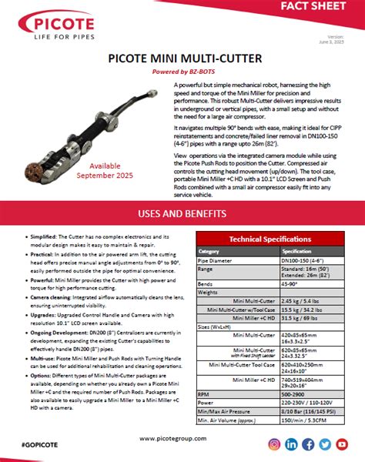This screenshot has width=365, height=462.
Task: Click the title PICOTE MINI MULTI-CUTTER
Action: pos(182,58)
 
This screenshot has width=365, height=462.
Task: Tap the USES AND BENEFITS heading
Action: pos(182,213)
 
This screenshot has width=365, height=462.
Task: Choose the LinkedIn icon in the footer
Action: pos(291,444)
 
